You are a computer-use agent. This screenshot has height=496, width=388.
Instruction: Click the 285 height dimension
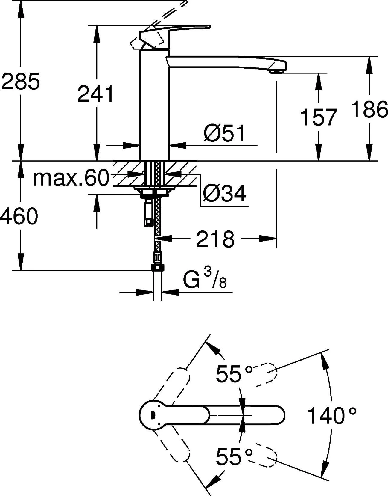pyautogui.click(x=20, y=81)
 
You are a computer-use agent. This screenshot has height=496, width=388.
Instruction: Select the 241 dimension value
pyautogui.click(x=96, y=94)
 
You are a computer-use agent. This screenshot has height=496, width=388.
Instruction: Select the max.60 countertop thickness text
pyautogui.click(x=71, y=178)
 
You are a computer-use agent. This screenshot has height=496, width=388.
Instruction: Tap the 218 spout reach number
pyautogui.click(x=215, y=239)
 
